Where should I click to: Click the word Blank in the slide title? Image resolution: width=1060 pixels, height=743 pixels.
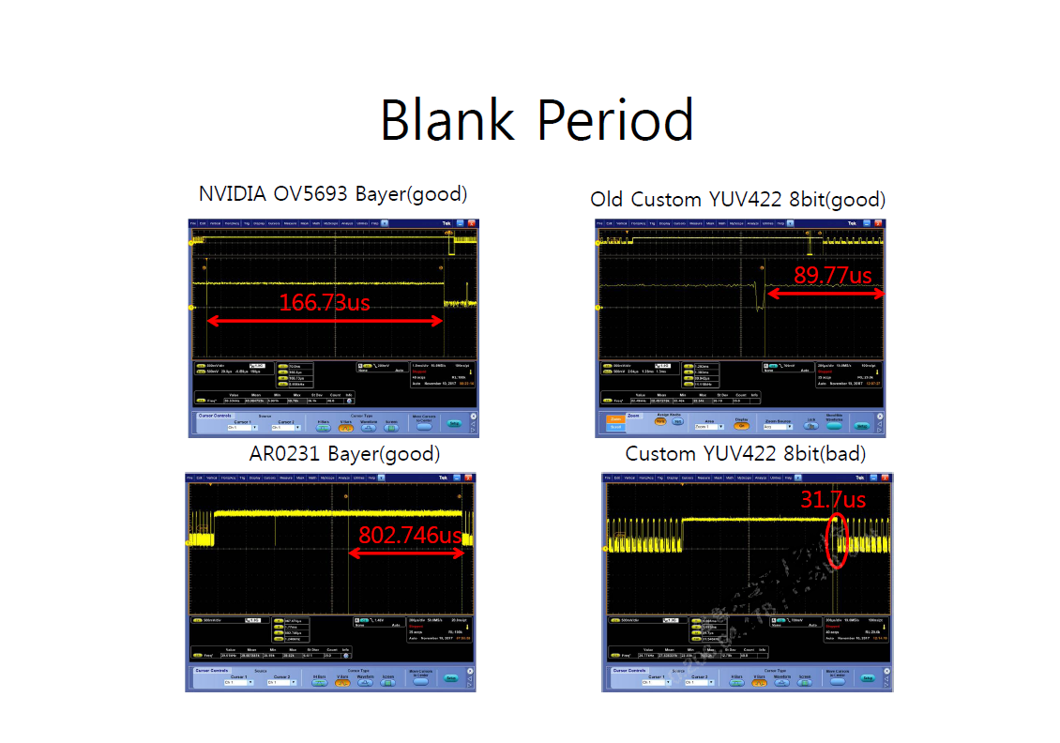(447, 120)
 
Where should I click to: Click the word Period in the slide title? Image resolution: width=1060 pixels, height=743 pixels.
(614, 120)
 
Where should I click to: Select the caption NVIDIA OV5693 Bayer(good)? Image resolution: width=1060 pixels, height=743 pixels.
(332, 194)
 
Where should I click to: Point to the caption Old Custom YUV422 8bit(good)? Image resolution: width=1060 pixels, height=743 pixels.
(737, 199)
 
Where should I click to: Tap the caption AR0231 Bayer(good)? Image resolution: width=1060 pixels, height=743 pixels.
(344, 454)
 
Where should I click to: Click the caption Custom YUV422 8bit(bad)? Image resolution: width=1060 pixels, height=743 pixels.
(745, 454)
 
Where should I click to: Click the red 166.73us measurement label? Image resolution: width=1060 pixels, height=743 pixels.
(324, 302)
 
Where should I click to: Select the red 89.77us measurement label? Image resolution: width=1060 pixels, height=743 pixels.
(832, 276)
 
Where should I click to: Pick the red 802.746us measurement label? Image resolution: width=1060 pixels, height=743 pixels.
(411, 536)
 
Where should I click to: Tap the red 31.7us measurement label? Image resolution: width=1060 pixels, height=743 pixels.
(832, 499)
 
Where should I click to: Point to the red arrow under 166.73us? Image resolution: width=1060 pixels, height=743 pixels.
(325, 321)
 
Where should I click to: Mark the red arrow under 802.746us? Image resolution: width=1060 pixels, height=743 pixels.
(406, 553)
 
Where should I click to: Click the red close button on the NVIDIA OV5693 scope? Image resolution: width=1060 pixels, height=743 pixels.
(472, 223)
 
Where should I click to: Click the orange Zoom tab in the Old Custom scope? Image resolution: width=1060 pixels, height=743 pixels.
(615, 419)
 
